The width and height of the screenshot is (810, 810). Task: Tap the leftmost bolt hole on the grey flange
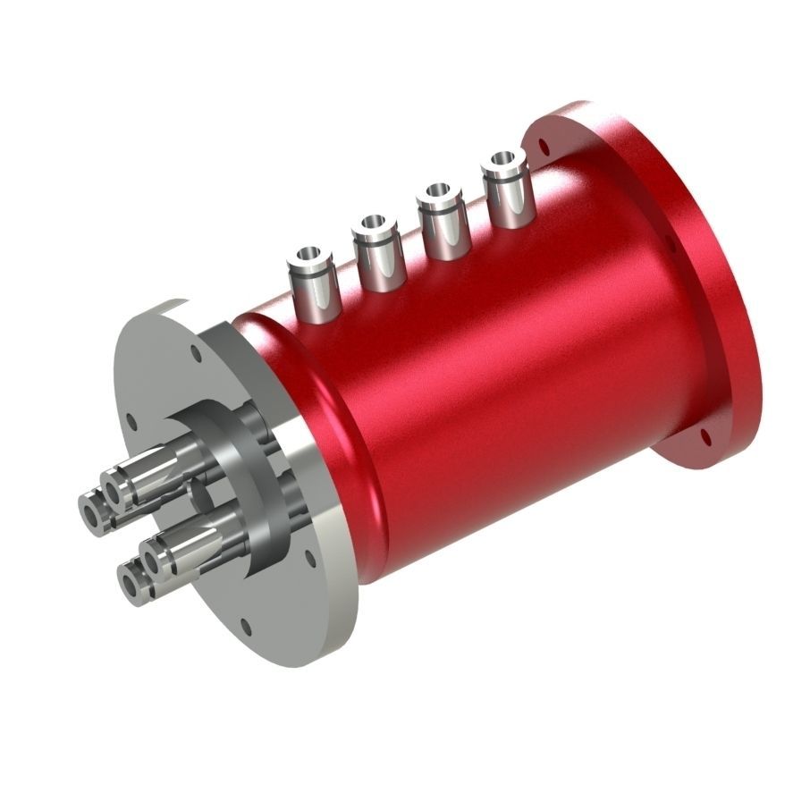131,418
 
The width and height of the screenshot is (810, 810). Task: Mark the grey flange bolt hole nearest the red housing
309,558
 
